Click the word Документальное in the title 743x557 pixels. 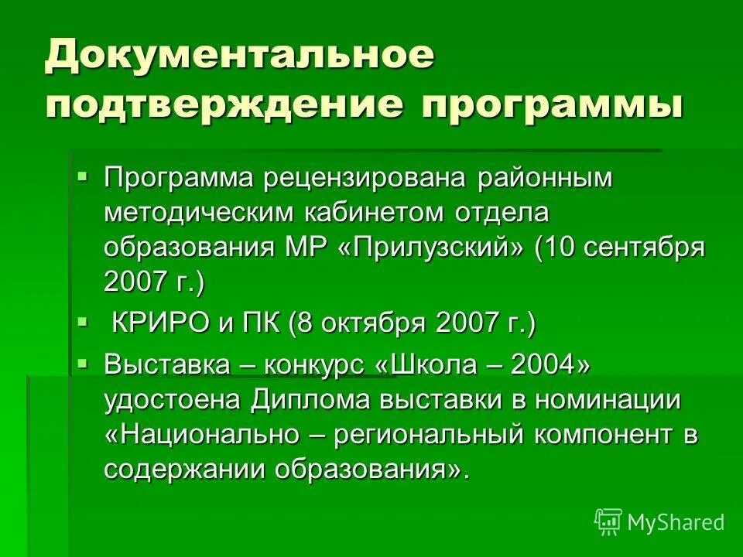click(x=239, y=57)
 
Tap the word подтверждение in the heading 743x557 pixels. click(x=224, y=105)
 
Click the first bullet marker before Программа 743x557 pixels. click(x=83, y=177)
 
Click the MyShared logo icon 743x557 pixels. click(x=608, y=522)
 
